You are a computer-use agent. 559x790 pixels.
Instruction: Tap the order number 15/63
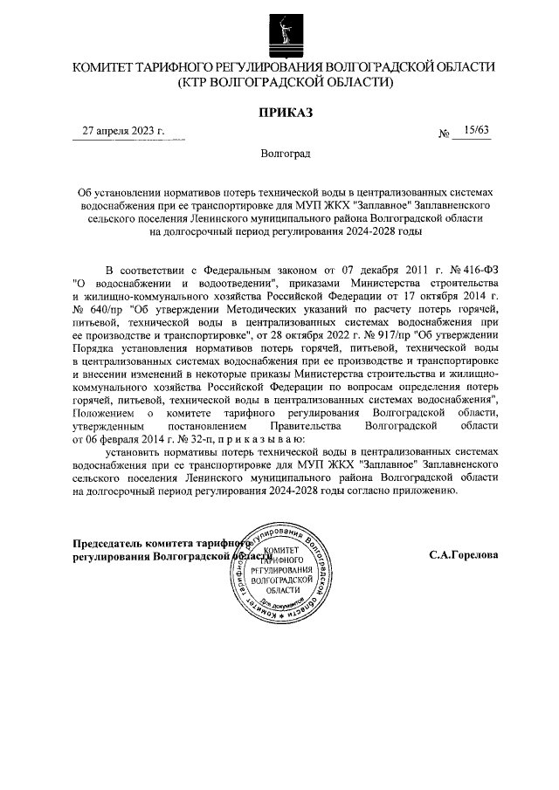point(478,130)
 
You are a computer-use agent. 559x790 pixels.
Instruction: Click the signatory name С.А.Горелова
point(463,554)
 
